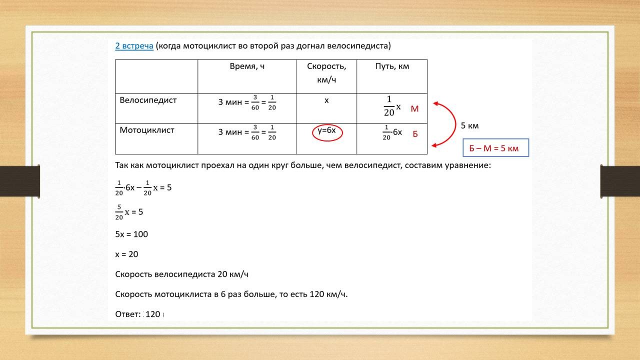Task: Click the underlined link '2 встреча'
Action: pos(134,46)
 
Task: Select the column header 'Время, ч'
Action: pos(247,66)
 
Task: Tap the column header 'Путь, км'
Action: pos(392,66)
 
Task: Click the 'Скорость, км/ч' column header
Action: pos(326,72)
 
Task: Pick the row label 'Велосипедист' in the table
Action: pos(148,100)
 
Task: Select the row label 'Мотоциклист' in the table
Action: pos(147,130)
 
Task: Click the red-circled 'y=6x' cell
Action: pos(326,130)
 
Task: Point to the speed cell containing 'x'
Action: pos(326,100)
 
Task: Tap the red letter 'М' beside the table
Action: pos(414,109)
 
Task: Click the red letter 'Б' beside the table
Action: pos(415,134)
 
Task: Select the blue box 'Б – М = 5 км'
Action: pos(495,148)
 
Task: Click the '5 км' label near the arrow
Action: pos(469,125)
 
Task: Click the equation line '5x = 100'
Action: pos(131,234)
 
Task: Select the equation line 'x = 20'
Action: pos(126,254)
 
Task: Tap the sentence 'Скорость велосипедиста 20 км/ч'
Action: pos(181,274)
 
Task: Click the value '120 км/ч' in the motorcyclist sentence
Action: pos(328,294)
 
